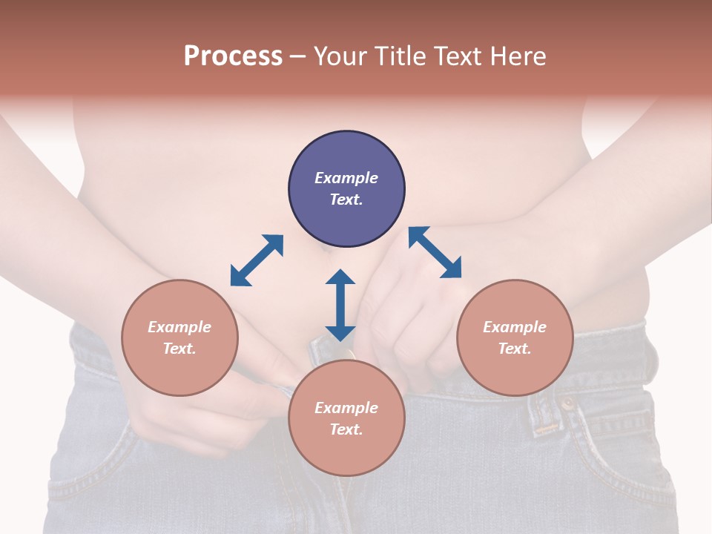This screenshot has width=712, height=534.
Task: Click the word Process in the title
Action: coord(233,56)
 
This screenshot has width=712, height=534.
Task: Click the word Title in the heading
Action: coord(401,56)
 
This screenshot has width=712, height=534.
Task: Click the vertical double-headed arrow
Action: coord(340,305)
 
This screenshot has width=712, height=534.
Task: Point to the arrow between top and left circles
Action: coord(257,260)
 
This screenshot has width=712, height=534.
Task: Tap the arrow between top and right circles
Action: coord(435,252)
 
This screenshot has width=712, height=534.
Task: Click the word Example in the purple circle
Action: coord(346,178)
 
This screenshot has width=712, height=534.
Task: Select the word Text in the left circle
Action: coord(179,349)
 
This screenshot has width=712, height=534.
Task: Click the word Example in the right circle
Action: coord(515,327)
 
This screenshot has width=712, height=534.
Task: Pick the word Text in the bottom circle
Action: coord(346,429)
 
